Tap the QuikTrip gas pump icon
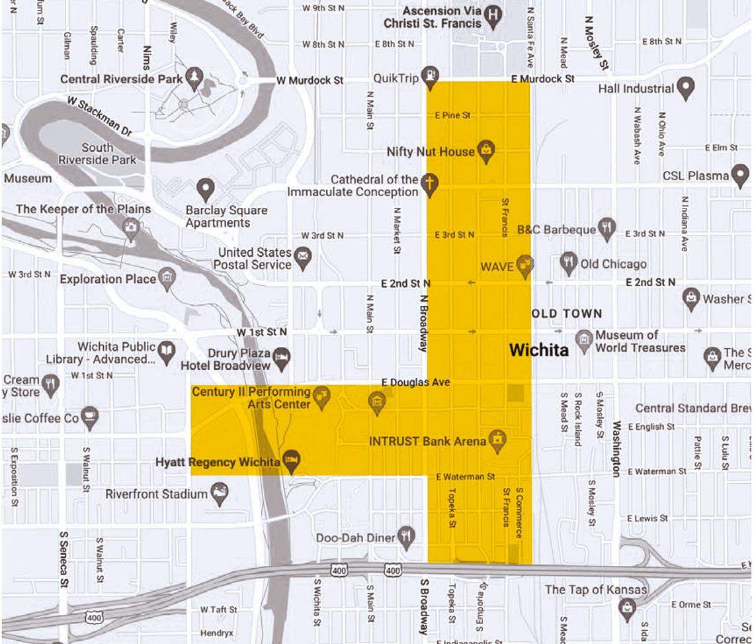point(431,76)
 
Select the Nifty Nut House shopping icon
point(486,152)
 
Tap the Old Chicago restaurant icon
point(569,263)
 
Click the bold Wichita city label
point(538,350)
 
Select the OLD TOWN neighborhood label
point(567,313)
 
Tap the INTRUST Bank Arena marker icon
point(497,439)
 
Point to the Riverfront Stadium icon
point(219,492)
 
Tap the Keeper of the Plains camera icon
point(132,227)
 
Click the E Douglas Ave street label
point(416,383)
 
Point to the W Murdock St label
point(310,80)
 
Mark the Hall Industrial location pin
point(686,87)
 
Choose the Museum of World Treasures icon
point(584,340)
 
